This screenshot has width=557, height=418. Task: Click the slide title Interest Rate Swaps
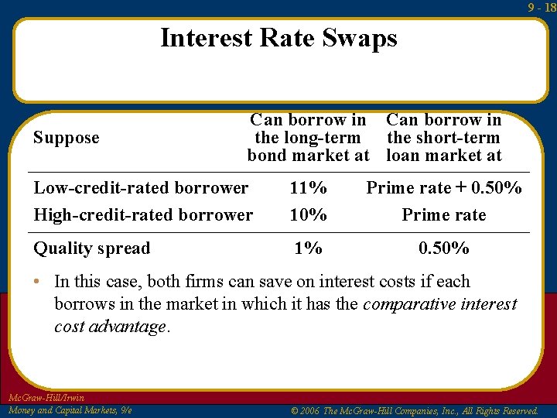coord(278,38)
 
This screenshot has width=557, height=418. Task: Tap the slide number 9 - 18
coord(542,7)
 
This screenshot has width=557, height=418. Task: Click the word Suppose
coord(67,138)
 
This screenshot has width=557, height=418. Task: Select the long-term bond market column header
coord(308,138)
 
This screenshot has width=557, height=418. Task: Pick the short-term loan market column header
coord(444,138)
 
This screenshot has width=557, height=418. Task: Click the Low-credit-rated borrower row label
coord(141,188)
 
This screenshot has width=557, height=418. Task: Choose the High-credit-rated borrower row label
coord(143,214)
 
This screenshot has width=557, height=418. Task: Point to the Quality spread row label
coord(91,248)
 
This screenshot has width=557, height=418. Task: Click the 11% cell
coord(308,188)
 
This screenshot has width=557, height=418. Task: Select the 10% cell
coord(308,214)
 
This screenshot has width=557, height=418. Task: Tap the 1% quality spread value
coord(308,248)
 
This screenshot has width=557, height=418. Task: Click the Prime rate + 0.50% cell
coord(444,188)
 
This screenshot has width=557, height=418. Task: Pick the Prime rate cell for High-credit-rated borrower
coord(444,214)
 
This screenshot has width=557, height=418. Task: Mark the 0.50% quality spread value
coord(444,248)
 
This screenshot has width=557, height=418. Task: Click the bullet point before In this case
coord(37,282)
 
